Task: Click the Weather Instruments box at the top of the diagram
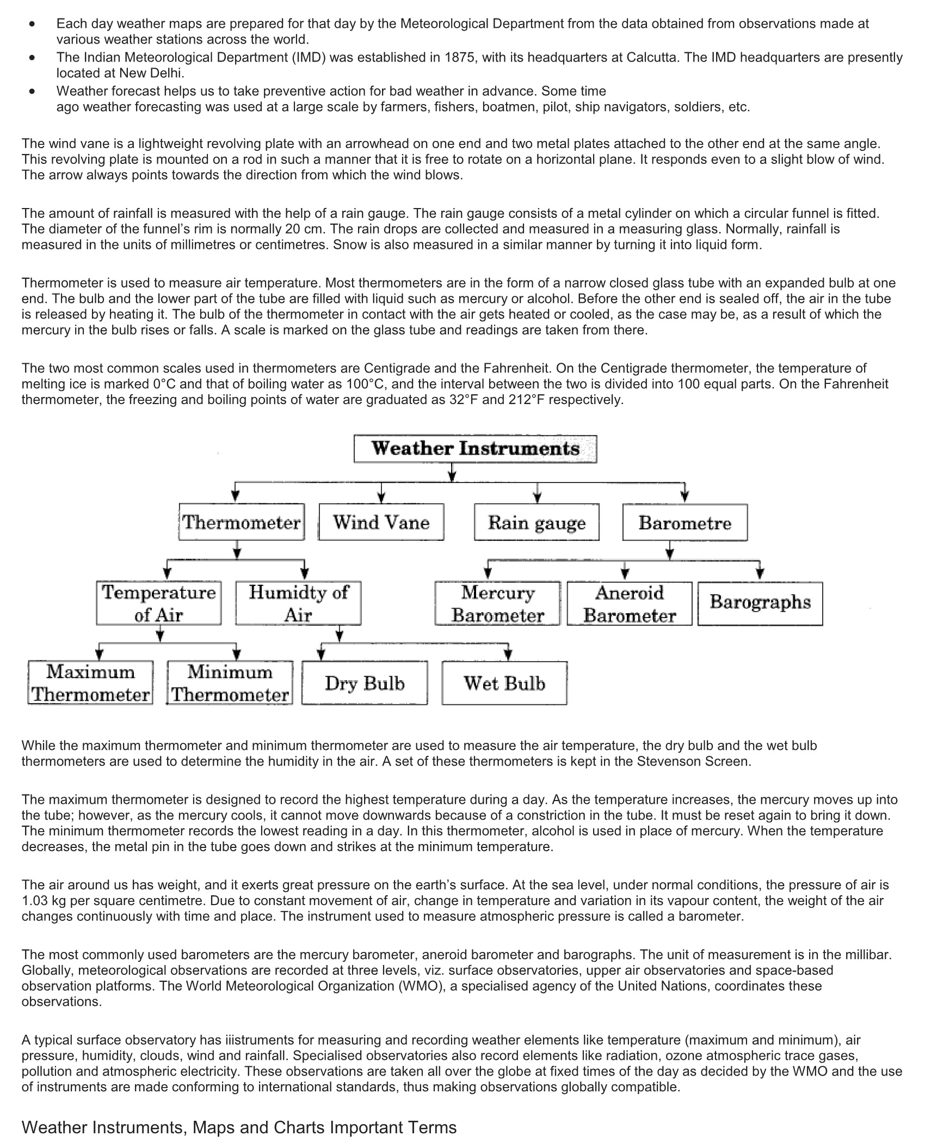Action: coord(475,449)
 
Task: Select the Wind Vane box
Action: coord(381,522)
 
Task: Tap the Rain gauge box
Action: coord(536,522)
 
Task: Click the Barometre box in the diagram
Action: coord(684,523)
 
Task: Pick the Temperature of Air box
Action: coord(159,603)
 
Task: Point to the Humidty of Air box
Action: coord(298,603)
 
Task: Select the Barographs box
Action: coord(760,602)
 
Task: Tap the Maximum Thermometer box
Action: coord(90,683)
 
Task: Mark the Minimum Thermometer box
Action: coord(230,683)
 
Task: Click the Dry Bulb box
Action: coord(365,683)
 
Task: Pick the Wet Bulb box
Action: coord(504,683)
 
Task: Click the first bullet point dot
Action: coord(34,24)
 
